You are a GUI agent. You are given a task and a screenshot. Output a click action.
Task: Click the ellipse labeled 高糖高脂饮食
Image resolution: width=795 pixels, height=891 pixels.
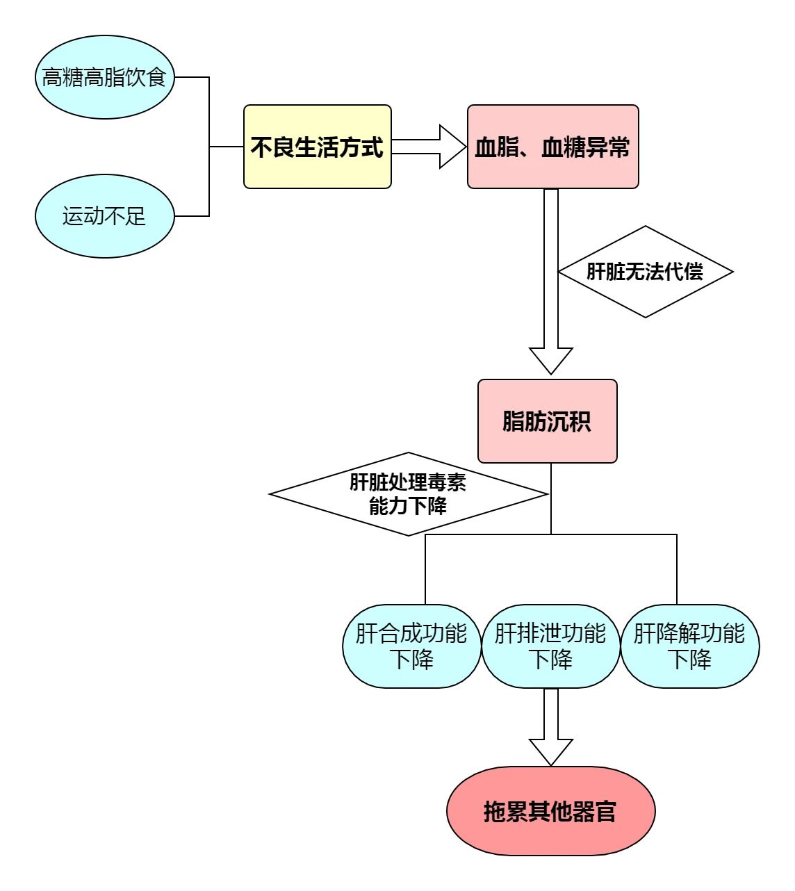[x=104, y=77]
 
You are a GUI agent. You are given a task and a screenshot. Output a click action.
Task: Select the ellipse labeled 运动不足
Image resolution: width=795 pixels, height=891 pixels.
[x=104, y=216]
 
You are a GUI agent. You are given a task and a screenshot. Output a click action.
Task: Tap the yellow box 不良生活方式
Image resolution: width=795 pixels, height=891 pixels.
[x=318, y=147]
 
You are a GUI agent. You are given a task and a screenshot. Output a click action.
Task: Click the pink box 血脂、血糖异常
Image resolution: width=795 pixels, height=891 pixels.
[x=552, y=147]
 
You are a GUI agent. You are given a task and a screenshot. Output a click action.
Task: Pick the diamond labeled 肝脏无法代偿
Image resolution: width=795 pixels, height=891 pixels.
[x=646, y=272]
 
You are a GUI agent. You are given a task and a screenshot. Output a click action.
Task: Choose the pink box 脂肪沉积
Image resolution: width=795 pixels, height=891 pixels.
[x=547, y=421]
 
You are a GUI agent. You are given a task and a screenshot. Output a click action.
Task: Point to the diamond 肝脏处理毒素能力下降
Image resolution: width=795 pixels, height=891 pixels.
[x=408, y=494]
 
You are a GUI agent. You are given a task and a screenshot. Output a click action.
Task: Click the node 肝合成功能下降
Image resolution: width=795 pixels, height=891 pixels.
[x=411, y=646]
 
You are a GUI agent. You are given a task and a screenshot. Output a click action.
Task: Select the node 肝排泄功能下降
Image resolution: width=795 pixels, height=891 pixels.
[x=550, y=646]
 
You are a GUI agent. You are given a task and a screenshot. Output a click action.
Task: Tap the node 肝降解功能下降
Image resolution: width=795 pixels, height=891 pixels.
[x=689, y=646]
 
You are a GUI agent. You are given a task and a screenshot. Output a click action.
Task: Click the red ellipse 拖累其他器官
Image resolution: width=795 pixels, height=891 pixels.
[x=550, y=811]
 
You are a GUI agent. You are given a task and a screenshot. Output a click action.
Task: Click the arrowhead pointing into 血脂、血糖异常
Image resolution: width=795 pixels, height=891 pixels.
[x=453, y=147]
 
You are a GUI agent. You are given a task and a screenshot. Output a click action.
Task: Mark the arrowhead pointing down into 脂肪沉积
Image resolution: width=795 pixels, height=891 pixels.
[x=551, y=361]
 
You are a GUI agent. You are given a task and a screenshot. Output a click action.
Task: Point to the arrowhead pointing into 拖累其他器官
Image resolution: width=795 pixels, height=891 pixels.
[x=551, y=752]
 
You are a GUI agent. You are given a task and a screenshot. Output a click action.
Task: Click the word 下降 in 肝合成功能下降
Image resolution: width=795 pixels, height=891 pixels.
[x=411, y=659]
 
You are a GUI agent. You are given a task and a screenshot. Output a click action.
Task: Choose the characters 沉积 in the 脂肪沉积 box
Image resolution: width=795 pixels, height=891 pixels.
[x=569, y=422]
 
